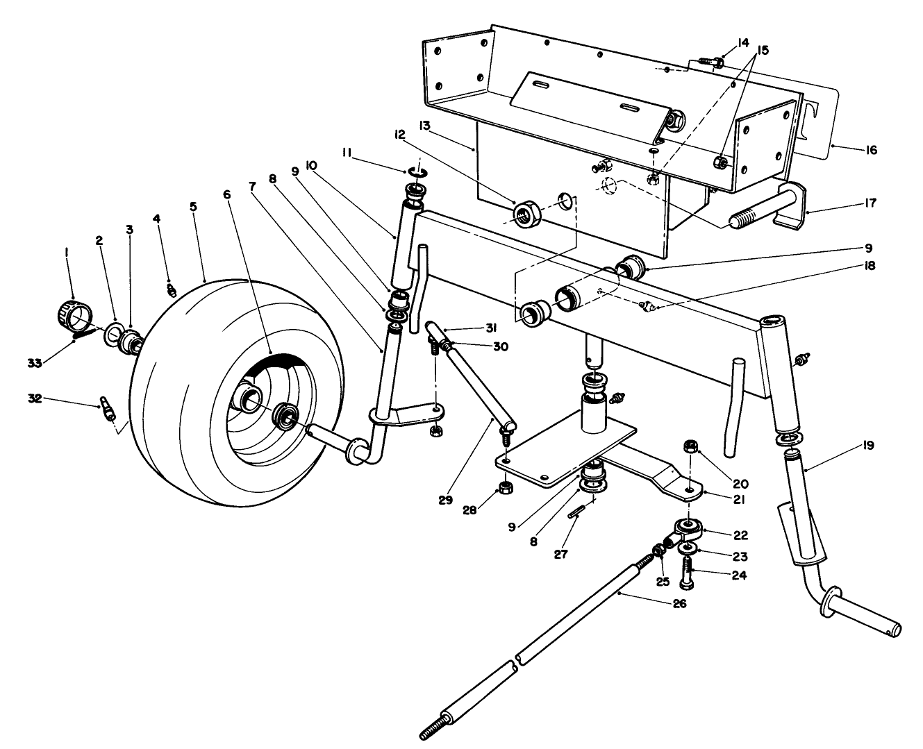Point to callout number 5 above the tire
193,207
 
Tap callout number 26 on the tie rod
679,603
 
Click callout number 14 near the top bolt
724,43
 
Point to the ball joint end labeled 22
687,532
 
